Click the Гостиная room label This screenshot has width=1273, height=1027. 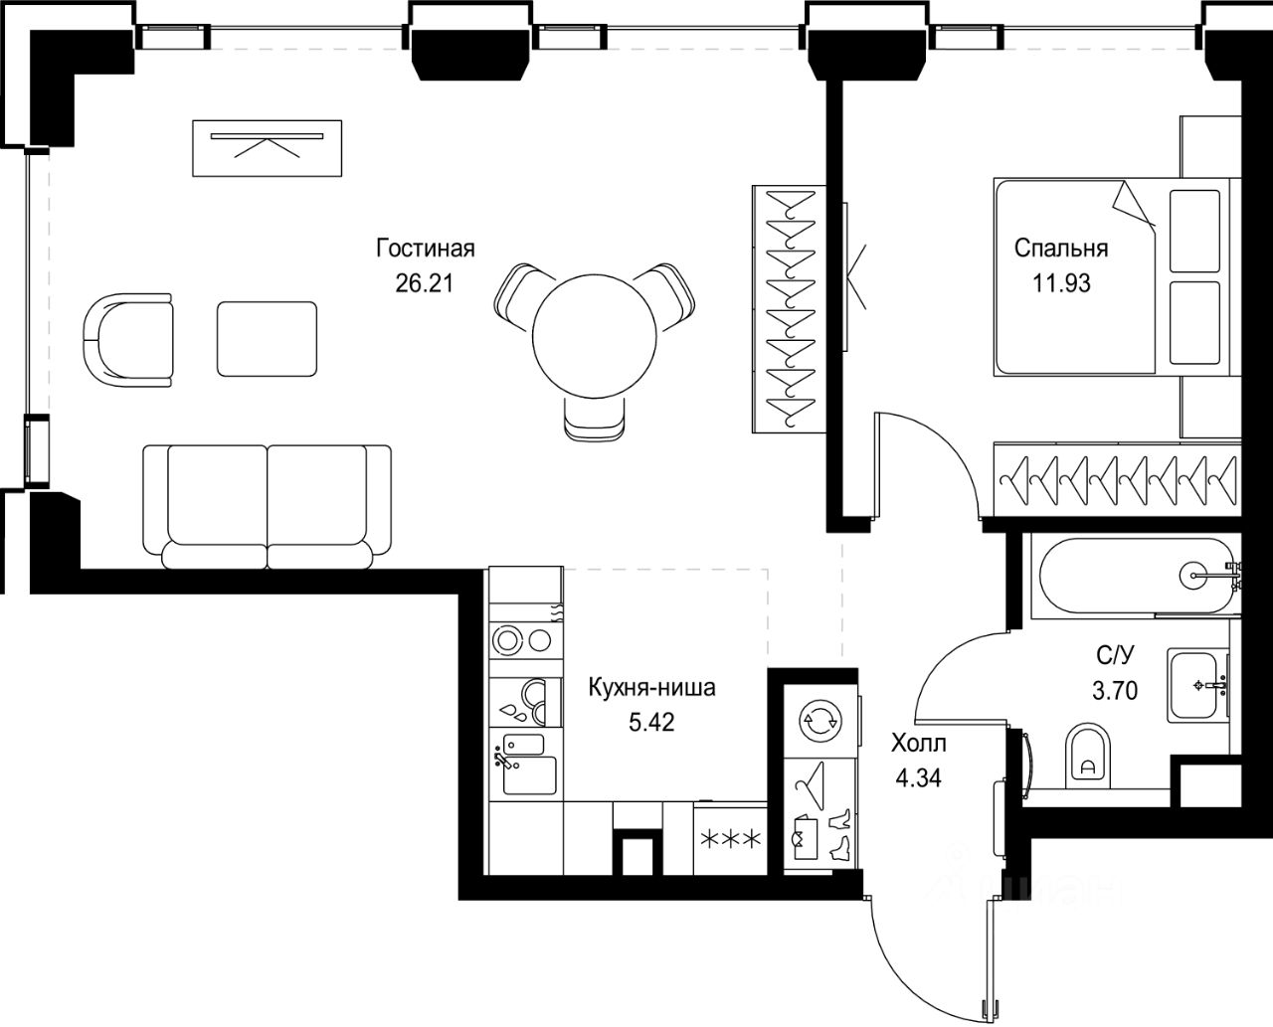click(426, 248)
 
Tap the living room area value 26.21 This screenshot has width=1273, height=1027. click(425, 282)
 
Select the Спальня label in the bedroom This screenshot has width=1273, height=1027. click(1061, 248)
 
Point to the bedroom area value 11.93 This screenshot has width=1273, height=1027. click(1061, 282)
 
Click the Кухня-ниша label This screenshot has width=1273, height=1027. click(652, 688)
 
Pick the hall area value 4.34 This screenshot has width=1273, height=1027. click(919, 777)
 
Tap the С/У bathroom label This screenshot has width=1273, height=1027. click(1115, 656)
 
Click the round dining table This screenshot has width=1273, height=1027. click(594, 336)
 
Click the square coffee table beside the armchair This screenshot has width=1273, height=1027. click(268, 339)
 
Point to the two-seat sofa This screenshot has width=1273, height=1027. click(268, 507)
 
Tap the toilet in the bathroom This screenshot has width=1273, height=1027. click(1087, 757)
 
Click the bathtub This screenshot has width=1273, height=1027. click(1136, 576)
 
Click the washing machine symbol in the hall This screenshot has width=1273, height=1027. click(820, 720)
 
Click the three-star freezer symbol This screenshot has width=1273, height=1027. click(730, 839)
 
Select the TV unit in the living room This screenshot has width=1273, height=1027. click(268, 148)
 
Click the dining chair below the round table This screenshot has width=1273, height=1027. click(594, 419)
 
